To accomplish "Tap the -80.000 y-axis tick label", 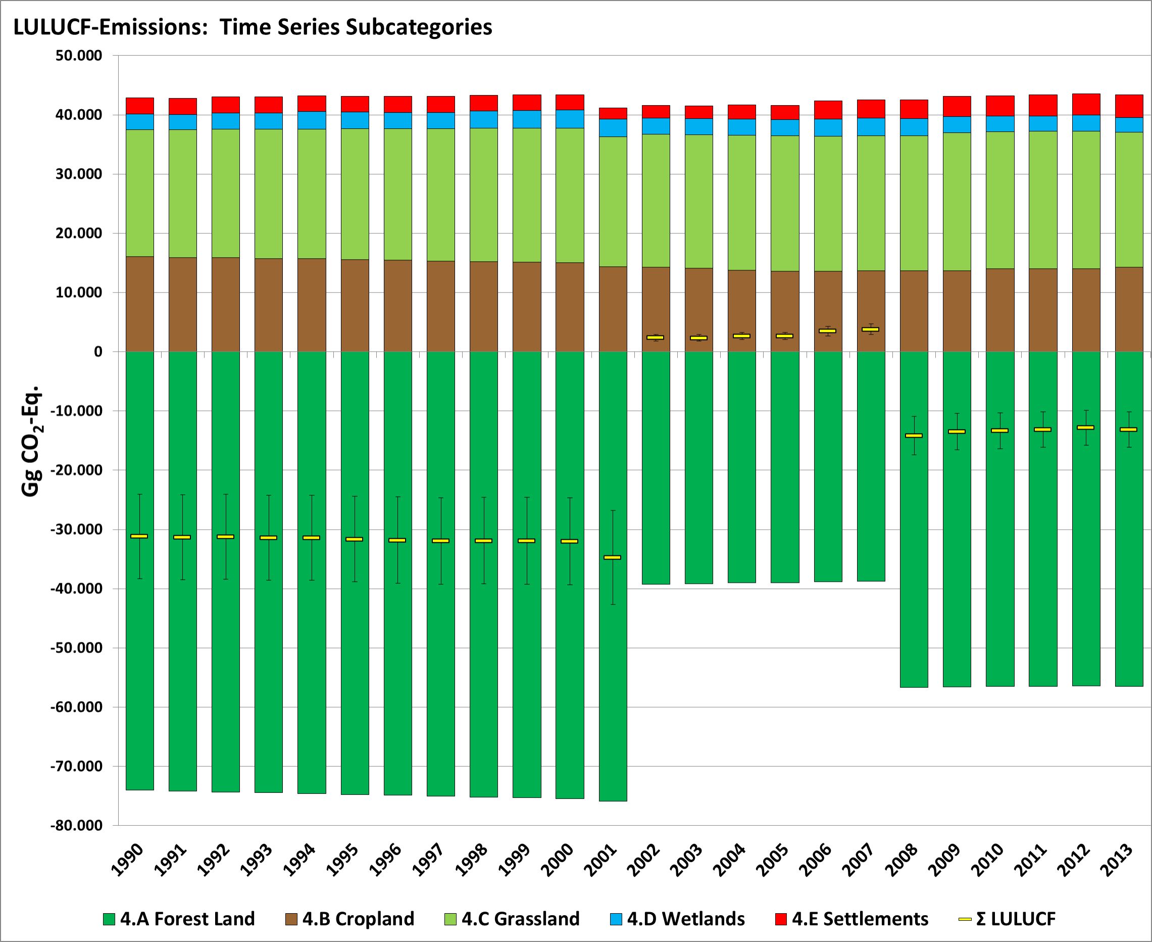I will coord(76,825).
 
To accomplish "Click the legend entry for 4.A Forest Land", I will coord(179,919).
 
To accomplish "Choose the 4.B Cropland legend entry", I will coord(350,919).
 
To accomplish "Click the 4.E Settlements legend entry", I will coord(852,919).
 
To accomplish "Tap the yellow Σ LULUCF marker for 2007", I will coord(871,329).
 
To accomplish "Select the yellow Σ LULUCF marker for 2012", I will coord(1085,428).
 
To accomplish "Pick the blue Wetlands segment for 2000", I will coord(570,119).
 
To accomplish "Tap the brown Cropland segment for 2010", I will coord(999,310).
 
